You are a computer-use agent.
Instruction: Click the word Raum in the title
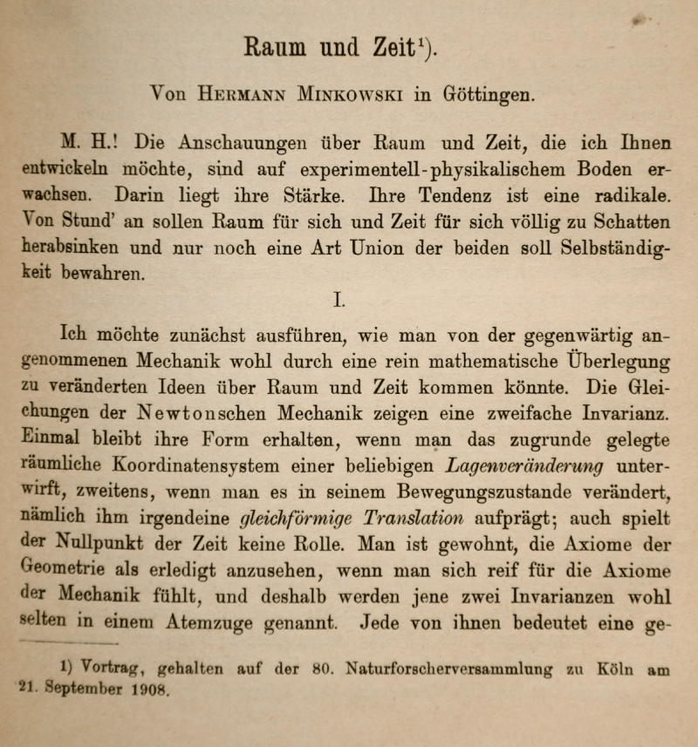(276, 46)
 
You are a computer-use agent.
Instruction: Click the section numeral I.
(340, 301)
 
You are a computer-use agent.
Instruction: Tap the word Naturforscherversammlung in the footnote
(448, 670)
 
